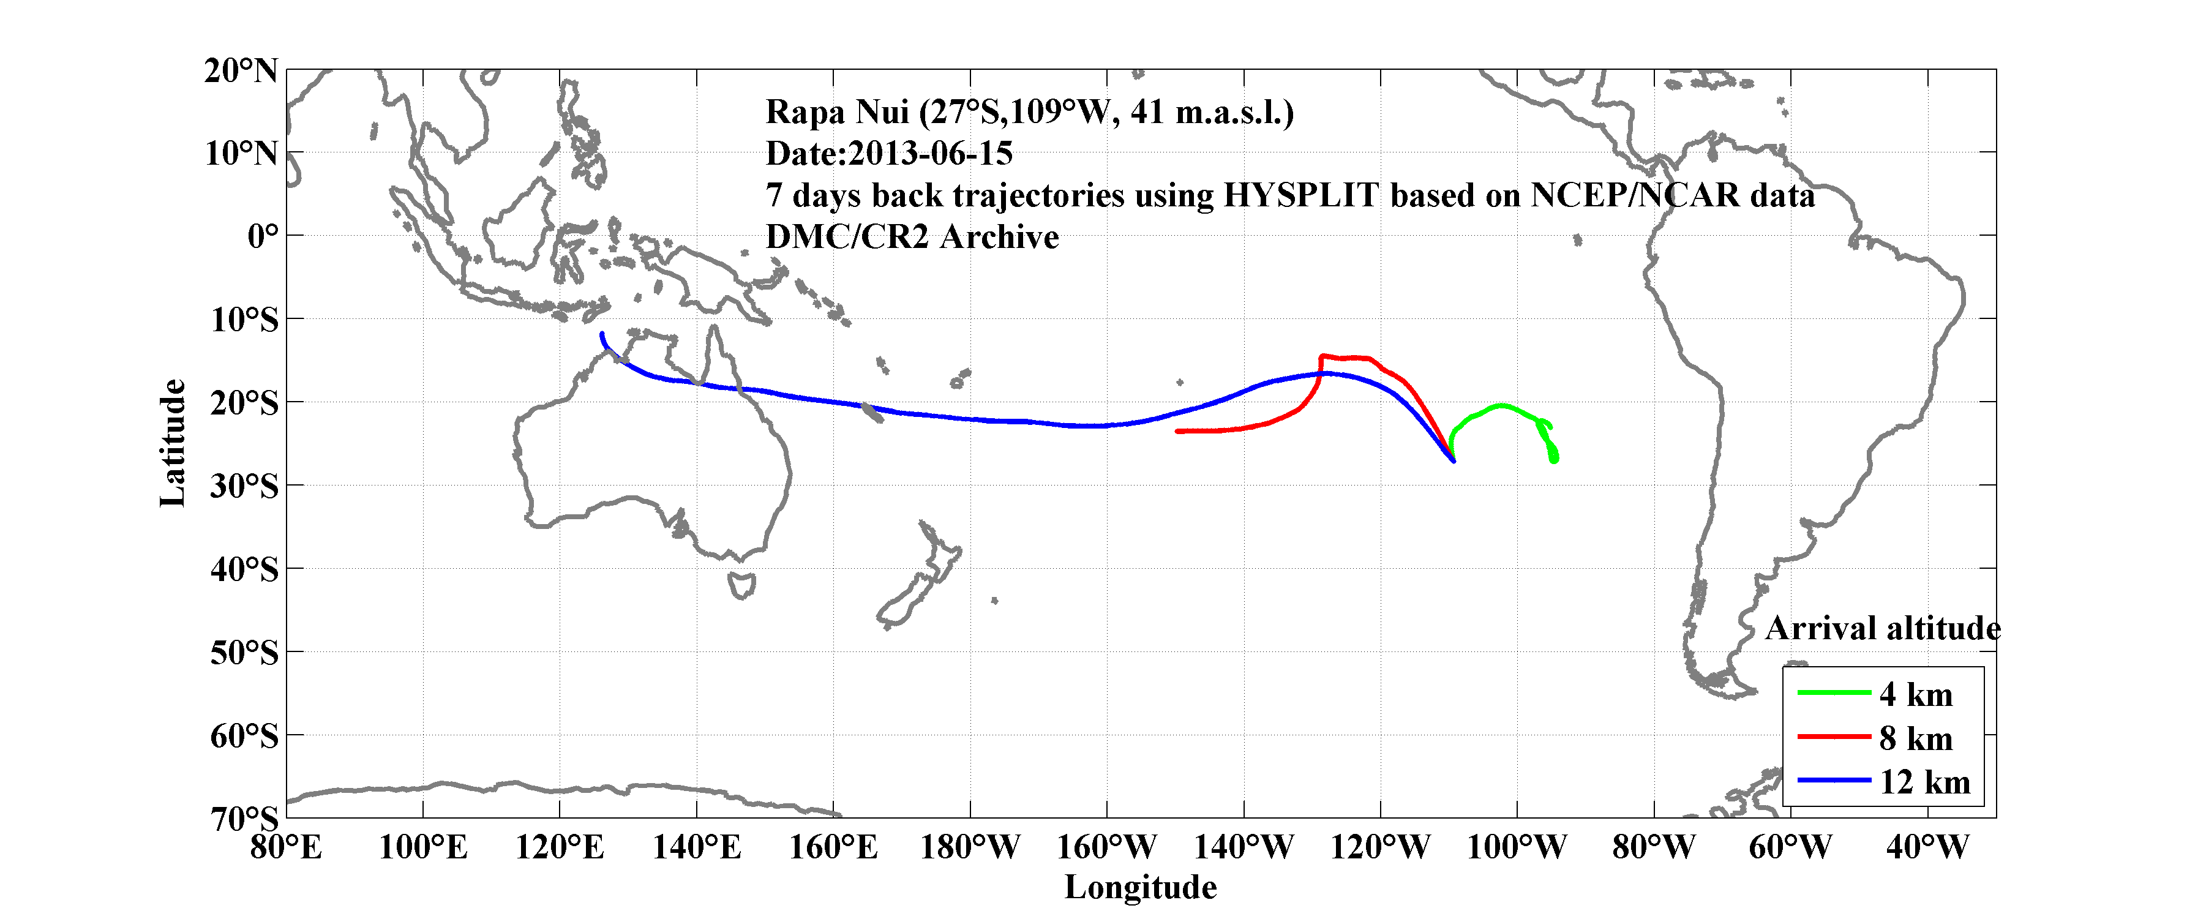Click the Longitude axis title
[1140, 887]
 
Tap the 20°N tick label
[241, 70]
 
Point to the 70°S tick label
[244, 819]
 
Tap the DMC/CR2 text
[846, 237]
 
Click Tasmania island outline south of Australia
[741, 586]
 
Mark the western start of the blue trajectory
[602, 334]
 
